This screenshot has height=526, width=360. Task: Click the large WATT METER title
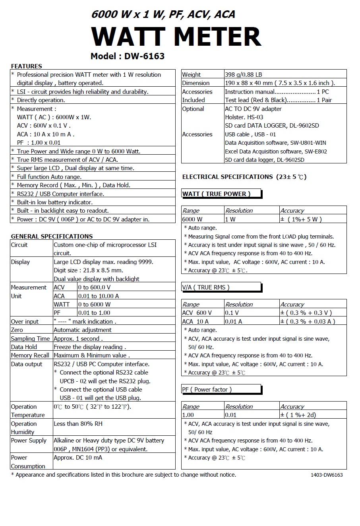pos(176,37)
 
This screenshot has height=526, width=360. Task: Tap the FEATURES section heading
pos(26,66)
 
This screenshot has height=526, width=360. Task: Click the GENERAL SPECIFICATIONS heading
pos(52,236)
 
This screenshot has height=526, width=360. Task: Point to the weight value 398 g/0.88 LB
pos(243,74)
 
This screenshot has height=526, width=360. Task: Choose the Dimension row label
pos(195,83)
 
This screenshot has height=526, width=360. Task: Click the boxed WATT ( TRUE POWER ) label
pos(217,194)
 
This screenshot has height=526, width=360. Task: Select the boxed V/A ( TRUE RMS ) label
pos(206,287)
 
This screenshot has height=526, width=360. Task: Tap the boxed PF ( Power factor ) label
pos(207,389)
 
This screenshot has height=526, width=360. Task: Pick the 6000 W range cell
pos(192,219)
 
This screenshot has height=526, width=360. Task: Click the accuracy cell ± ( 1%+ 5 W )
pos(301,219)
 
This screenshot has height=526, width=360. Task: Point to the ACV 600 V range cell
pos(197,313)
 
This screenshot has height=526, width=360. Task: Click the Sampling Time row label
pos(30,339)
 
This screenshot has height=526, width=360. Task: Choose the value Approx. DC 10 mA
pos(78,457)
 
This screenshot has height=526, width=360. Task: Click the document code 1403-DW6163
pos(327,475)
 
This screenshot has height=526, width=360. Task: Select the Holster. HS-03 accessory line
pos(244,117)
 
